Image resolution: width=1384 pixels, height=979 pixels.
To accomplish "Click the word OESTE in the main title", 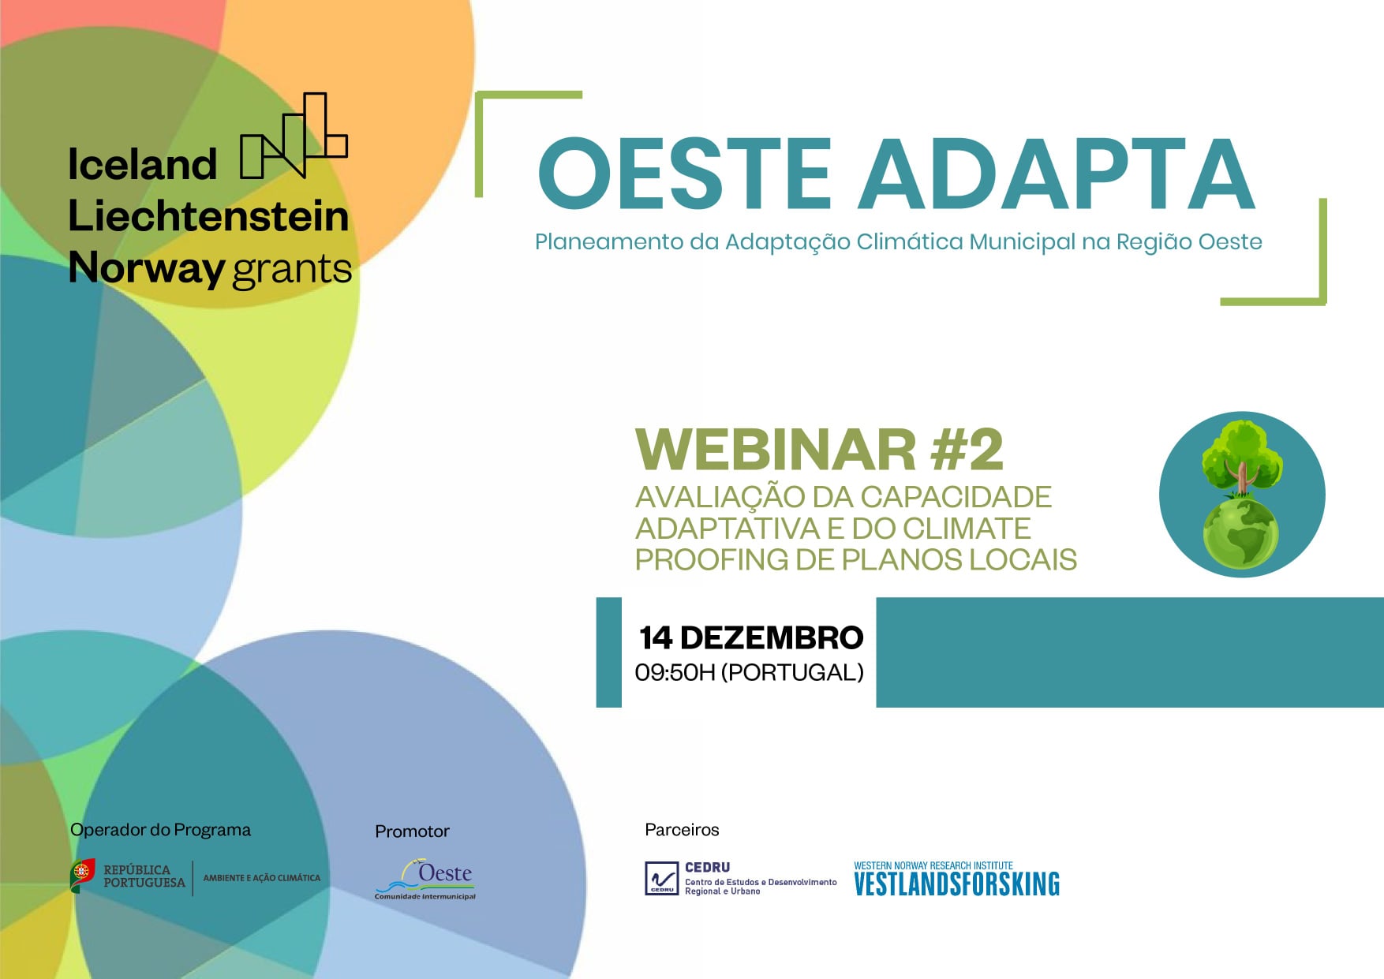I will pos(685,174).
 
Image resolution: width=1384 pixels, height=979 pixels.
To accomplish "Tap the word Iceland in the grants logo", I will pos(142,165).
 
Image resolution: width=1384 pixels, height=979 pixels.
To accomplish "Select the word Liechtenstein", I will pos(208,216).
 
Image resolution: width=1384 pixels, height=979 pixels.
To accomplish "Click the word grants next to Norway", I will pos(292,270).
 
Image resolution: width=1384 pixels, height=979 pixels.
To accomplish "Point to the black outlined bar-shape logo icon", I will pos(294,136).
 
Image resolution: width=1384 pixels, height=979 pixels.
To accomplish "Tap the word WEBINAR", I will pos(776,450).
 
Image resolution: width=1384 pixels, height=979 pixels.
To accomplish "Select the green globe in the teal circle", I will pos(1240,534).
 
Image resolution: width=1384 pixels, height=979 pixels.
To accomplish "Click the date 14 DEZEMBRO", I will pos(750,637).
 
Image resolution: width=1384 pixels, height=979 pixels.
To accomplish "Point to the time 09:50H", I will pos(675,673).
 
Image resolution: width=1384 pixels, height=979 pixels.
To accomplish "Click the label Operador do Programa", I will pos(160,830).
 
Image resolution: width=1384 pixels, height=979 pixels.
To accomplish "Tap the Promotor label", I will pos(412,831).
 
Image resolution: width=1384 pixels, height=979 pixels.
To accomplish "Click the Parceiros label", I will pos(682,830).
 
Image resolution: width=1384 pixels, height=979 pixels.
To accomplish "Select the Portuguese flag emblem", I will pos(82,875).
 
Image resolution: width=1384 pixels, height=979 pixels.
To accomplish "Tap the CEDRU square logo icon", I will pos(661,879).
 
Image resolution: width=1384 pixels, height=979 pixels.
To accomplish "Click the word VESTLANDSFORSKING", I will pos(956,884).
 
